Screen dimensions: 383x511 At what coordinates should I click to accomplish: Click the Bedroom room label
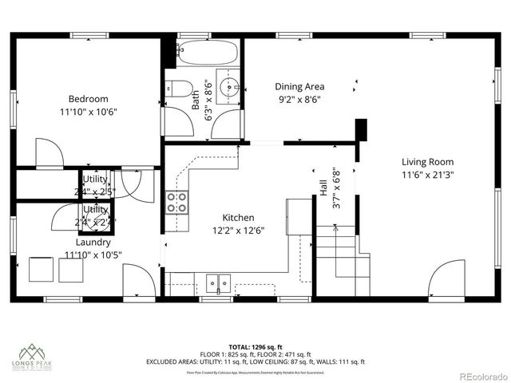click(x=88, y=99)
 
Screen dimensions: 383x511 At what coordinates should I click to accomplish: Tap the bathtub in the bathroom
click(x=207, y=53)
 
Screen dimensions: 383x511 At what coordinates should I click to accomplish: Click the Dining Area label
click(x=299, y=87)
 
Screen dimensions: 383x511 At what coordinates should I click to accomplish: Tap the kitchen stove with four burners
click(x=176, y=202)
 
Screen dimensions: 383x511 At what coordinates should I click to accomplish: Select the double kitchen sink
click(x=217, y=282)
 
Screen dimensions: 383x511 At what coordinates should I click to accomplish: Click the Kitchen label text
click(x=238, y=217)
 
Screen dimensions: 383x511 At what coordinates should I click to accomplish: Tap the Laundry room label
click(x=93, y=242)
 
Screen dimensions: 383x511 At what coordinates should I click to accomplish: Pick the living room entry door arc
click(x=446, y=279)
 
